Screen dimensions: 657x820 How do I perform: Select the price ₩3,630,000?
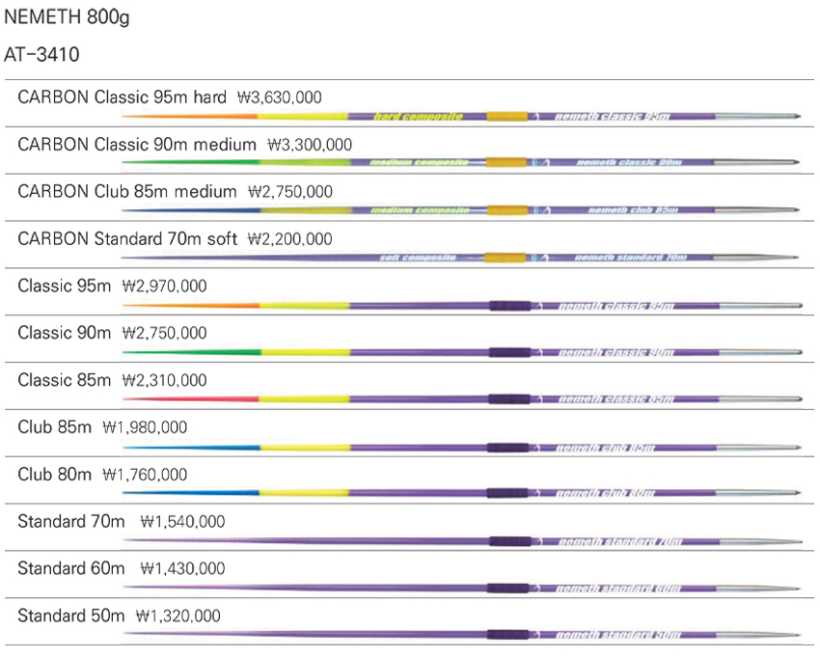(280, 97)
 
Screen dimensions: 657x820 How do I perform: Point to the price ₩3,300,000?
(309, 145)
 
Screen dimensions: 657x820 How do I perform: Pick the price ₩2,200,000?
(290, 239)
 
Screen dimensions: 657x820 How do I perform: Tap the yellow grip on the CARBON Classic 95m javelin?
(507, 117)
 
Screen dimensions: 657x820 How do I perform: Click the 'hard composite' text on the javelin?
(418, 117)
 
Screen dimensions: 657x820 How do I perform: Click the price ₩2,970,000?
(164, 287)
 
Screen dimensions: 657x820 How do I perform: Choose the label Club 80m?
(54, 475)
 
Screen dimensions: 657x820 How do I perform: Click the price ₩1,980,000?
(145, 427)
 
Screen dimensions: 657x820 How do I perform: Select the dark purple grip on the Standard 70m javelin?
(507, 541)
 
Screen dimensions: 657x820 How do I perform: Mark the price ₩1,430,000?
(182, 569)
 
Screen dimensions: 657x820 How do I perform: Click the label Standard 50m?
(71, 616)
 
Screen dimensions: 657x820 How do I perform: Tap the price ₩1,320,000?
(178, 616)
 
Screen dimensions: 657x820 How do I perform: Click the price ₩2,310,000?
(165, 381)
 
